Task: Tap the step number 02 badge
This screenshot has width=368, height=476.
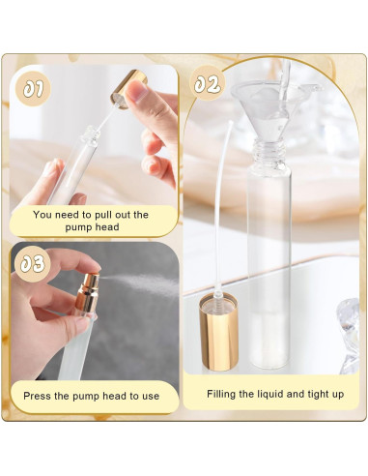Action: [208, 84]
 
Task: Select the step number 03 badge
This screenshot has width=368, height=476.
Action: [33, 262]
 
